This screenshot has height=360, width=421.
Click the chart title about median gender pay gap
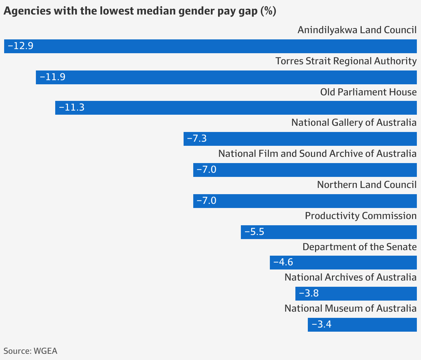coord(140,11)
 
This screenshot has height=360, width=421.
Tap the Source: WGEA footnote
coord(30,351)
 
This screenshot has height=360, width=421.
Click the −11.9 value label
coord(52,77)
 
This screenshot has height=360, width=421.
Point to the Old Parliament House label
coord(368,92)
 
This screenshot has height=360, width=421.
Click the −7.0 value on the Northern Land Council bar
coord(206,201)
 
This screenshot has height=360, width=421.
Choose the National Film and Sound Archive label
coord(317,154)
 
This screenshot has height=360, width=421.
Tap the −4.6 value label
coord(283,262)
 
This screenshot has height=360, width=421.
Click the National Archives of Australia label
coord(350,277)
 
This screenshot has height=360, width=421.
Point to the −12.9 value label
coord(20,46)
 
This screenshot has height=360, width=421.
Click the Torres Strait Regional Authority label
coord(346,61)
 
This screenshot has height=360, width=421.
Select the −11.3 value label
coord(72,107)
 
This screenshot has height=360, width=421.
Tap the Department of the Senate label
coord(359,247)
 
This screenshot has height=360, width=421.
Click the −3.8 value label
coord(309,294)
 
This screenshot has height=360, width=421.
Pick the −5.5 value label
coord(254,232)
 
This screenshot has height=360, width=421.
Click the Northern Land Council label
coord(366,185)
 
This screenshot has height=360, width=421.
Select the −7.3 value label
coord(197,139)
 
